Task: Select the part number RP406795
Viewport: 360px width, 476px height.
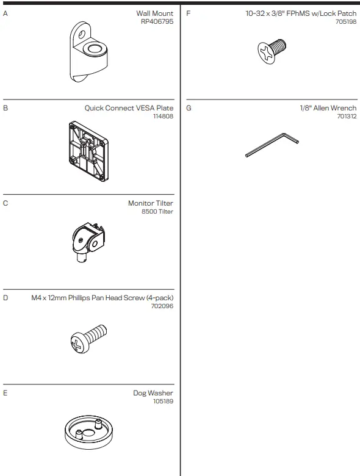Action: click(157, 21)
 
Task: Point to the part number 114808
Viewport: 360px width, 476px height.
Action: click(163, 116)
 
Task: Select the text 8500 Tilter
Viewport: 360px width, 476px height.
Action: click(157, 211)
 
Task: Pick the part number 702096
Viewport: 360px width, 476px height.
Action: click(162, 306)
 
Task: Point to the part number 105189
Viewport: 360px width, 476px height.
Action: click(163, 402)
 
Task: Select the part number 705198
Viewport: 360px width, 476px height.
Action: click(346, 21)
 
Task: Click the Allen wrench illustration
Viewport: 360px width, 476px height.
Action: click(272, 145)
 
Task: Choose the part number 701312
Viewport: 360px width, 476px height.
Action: click(347, 116)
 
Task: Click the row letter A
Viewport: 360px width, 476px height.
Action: click(5, 13)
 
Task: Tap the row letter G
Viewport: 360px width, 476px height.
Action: click(189, 108)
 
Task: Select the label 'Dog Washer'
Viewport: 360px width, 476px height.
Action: click(153, 393)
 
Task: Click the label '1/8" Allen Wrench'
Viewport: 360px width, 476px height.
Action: click(328, 108)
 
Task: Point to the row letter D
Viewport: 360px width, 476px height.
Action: click(5, 298)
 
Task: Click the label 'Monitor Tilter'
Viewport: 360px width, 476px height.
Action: click(151, 203)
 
